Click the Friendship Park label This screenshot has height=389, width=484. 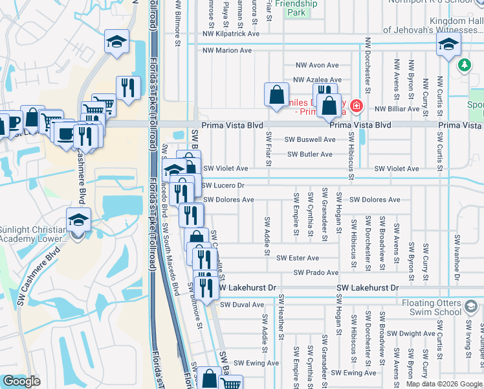tap(296, 8)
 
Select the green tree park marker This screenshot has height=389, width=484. tap(464, 65)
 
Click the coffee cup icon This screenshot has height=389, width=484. tap(65, 133)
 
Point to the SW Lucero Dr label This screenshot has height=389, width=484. tap(223, 185)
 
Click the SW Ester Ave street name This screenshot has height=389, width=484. tap(298, 258)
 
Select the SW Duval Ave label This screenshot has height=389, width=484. tap(242, 304)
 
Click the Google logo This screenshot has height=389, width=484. tap(21, 381)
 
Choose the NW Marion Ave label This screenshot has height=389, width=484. tap(227, 50)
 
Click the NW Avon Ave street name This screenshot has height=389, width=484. tap(317, 65)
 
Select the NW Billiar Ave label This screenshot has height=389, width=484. tap(397, 109)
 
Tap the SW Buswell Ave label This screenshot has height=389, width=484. tap(310, 139)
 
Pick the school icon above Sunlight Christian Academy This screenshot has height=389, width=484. tap(78, 219)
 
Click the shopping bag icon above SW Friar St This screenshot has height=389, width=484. tap(276, 95)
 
